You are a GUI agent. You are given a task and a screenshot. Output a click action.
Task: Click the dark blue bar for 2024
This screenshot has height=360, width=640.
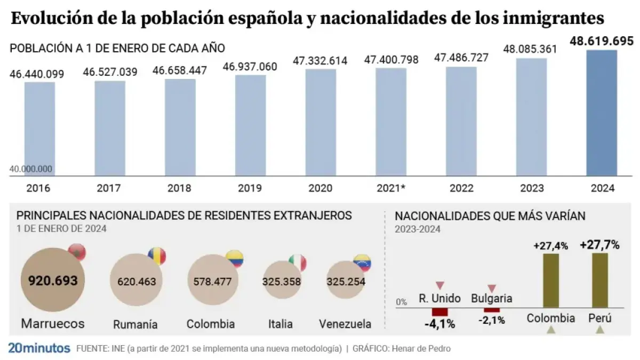click(x=602, y=113)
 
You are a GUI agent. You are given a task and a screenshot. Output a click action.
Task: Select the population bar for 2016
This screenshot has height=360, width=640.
click(x=39, y=128)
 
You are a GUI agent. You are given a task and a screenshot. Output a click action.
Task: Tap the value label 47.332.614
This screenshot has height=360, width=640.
click(x=320, y=61)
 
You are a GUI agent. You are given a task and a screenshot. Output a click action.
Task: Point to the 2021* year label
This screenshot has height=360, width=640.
click(x=391, y=188)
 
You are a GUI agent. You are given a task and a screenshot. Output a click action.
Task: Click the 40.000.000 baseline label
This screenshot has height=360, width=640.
click(x=31, y=169)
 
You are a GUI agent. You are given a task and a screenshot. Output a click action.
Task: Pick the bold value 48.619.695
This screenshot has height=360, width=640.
click(x=602, y=41)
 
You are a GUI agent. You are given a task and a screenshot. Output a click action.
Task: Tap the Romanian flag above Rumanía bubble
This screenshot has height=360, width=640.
click(x=157, y=256)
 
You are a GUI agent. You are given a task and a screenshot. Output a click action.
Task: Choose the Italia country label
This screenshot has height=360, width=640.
click(x=281, y=324)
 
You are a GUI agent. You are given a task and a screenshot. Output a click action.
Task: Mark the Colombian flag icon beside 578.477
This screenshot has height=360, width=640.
click(x=234, y=259)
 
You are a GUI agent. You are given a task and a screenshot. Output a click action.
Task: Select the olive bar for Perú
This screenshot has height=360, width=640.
click(x=600, y=280)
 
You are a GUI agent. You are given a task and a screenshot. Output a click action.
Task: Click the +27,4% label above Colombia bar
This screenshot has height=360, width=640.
click(x=550, y=246)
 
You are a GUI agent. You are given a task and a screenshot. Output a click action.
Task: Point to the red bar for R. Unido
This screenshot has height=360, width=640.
click(x=440, y=311)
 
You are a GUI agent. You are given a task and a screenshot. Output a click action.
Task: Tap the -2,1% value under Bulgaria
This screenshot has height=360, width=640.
click(x=491, y=320)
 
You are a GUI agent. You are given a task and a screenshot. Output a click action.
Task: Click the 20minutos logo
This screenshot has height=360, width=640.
click(x=39, y=348)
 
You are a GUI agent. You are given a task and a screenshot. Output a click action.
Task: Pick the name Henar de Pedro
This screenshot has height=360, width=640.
click(x=421, y=349)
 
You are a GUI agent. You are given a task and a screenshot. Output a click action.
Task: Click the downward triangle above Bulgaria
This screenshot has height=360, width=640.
click(x=492, y=289)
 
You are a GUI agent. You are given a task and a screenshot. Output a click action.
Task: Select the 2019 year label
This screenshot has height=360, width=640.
click(x=250, y=188)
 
